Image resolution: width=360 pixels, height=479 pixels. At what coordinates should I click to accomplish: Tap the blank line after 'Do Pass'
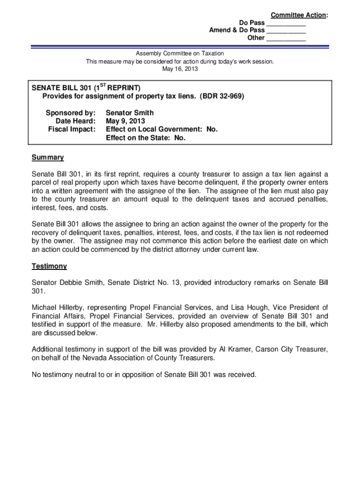pyautogui.click(x=286, y=23)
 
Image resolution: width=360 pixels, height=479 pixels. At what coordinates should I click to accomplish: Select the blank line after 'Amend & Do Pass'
pyautogui.click(x=286, y=31)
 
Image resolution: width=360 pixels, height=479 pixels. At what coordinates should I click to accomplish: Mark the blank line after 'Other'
pyautogui.click(x=286, y=38)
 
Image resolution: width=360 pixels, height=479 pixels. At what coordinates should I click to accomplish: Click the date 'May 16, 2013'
pyautogui.click(x=180, y=69)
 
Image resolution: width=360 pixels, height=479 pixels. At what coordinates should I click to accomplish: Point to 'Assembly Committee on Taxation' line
pyautogui.click(x=180, y=54)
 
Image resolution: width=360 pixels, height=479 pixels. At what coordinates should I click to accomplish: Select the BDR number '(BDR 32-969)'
pyautogui.click(x=222, y=96)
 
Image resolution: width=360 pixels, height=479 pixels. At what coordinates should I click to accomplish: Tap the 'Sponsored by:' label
pyautogui.click(x=71, y=113)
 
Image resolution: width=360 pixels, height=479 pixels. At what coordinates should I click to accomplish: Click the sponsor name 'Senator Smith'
pyautogui.click(x=130, y=113)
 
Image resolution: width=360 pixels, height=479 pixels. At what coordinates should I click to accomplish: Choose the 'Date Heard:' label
pyautogui.click(x=72, y=121)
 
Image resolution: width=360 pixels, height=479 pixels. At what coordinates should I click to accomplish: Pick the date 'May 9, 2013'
pyautogui.click(x=125, y=121)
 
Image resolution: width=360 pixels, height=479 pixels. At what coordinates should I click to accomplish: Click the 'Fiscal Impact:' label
pyautogui.click(x=72, y=129)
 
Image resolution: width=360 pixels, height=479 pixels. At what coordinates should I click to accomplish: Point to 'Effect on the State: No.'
pyautogui.click(x=146, y=138)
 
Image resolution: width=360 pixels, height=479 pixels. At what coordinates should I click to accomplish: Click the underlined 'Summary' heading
pyautogui.click(x=48, y=158)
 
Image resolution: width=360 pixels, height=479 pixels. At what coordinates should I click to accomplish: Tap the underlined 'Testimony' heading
pyautogui.click(x=49, y=266)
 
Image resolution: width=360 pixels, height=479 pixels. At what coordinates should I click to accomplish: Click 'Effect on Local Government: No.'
pyautogui.click(x=162, y=129)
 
